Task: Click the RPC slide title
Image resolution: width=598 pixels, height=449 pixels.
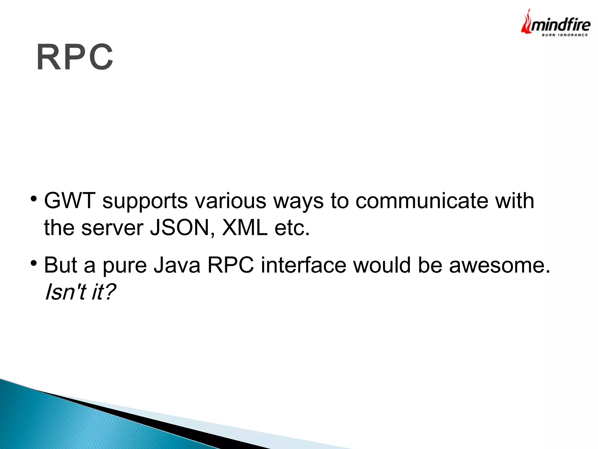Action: click(x=75, y=57)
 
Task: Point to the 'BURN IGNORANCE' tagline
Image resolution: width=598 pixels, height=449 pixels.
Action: click(x=565, y=35)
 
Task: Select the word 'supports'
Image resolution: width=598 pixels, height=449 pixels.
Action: click(x=145, y=202)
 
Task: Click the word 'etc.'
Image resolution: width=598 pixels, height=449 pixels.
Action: click(x=292, y=228)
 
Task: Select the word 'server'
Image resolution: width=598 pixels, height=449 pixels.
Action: click(x=112, y=228)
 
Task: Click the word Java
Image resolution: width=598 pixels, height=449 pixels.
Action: click(x=177, y=265)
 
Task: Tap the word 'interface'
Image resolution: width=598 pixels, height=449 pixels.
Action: click(x=303, y=265)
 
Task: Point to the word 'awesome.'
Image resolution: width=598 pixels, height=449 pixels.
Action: click(x=500, y=265)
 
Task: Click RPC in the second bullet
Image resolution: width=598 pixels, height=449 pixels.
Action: click(x=231, y=265)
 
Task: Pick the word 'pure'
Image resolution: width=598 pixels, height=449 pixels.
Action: click(x=125, y=266)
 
